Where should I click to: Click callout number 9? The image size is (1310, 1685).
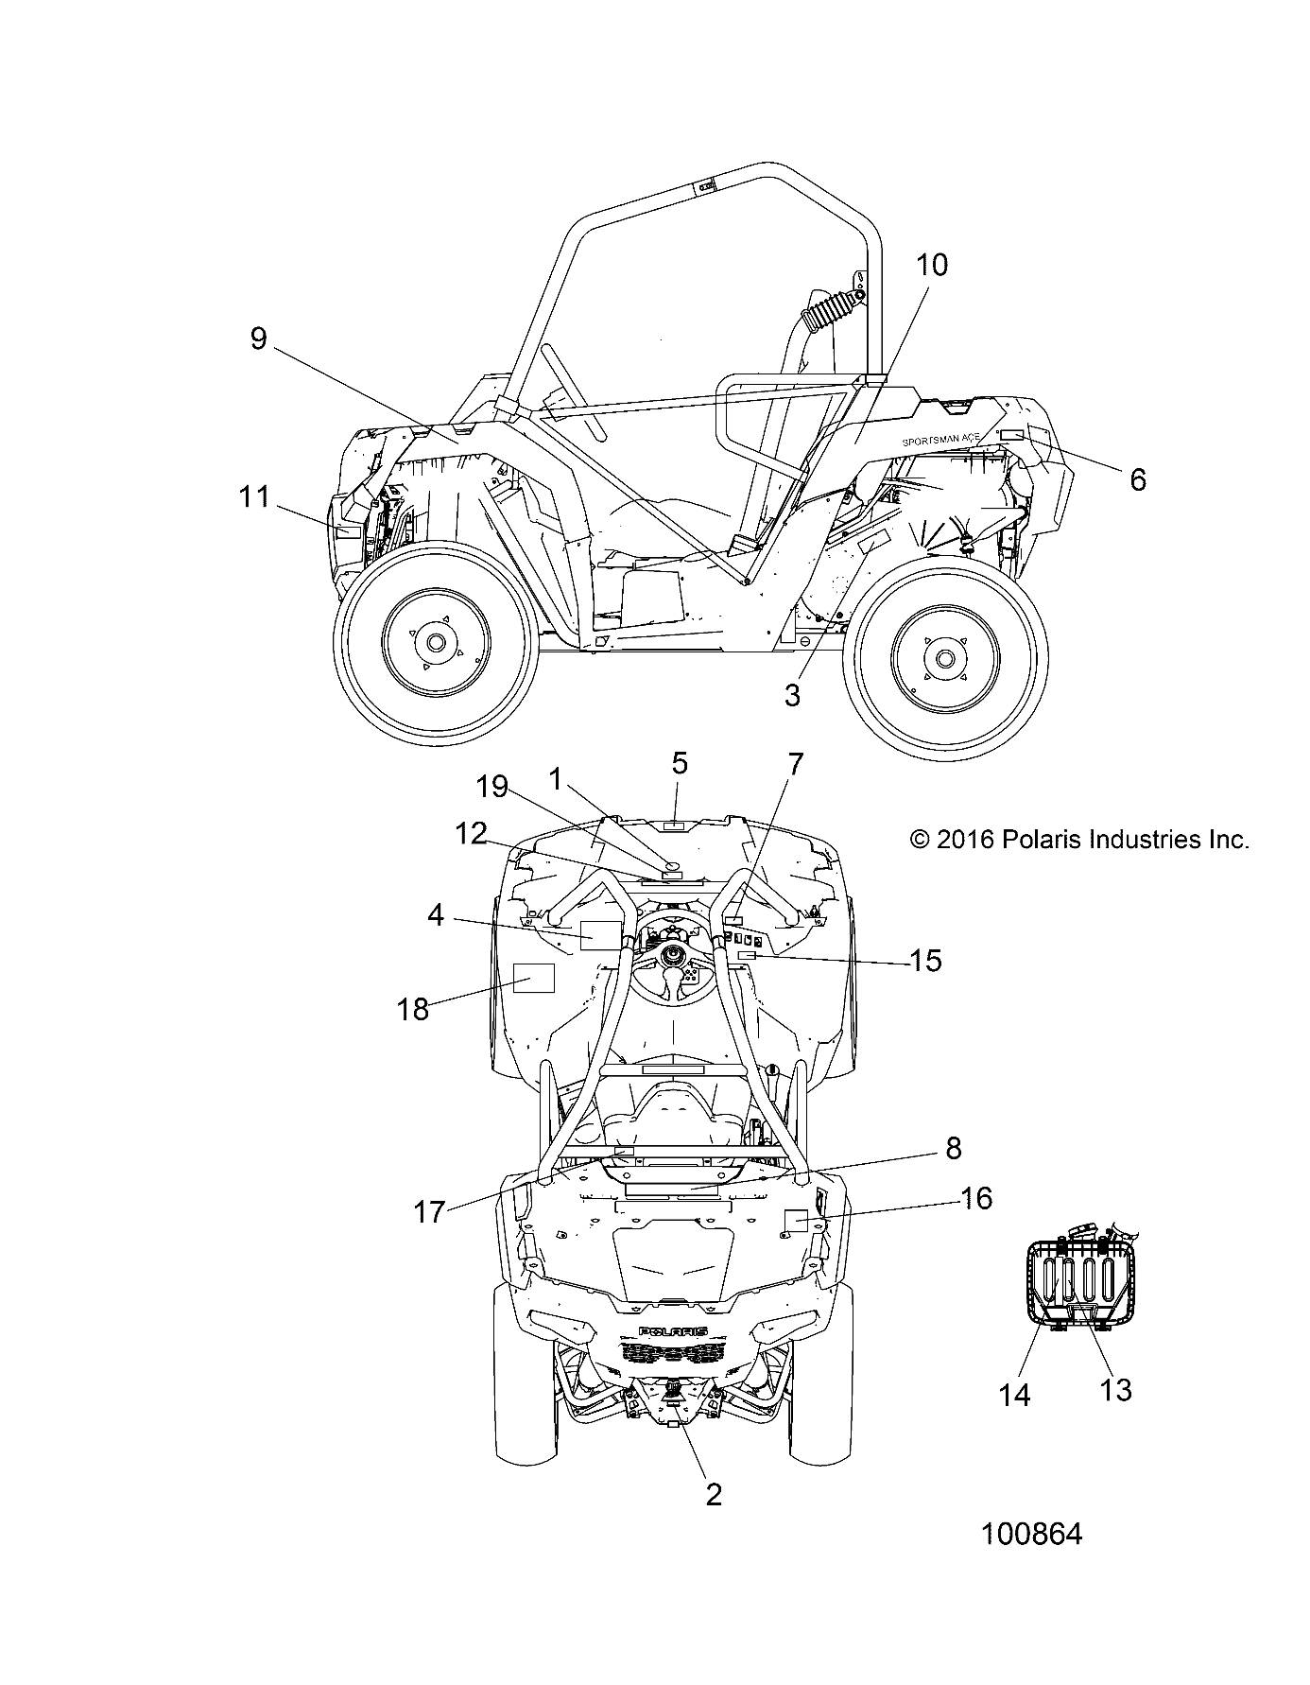click(259, 339)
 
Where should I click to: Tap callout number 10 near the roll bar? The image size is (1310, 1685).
click(932, 265)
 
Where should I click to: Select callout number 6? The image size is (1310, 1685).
click(1138, 479)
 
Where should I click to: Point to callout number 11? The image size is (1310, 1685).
click(253, 496)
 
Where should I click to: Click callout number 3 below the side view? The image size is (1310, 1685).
click(792, 695)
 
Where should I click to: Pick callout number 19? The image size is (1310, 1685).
click(492, 787)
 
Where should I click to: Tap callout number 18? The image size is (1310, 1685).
click(413, 1009)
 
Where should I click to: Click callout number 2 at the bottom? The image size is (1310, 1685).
click(714, 1494)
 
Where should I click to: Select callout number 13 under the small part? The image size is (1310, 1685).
click(1115, 1390)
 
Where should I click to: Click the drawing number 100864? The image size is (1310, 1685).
click(1031, 1534)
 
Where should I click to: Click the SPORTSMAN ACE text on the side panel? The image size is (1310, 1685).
click(941, 440)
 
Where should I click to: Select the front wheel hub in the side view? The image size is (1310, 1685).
click(435, 642)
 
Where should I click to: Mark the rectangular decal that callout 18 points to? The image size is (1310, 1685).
click(532, 977)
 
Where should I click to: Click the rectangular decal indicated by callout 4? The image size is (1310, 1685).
click(599, 934)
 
